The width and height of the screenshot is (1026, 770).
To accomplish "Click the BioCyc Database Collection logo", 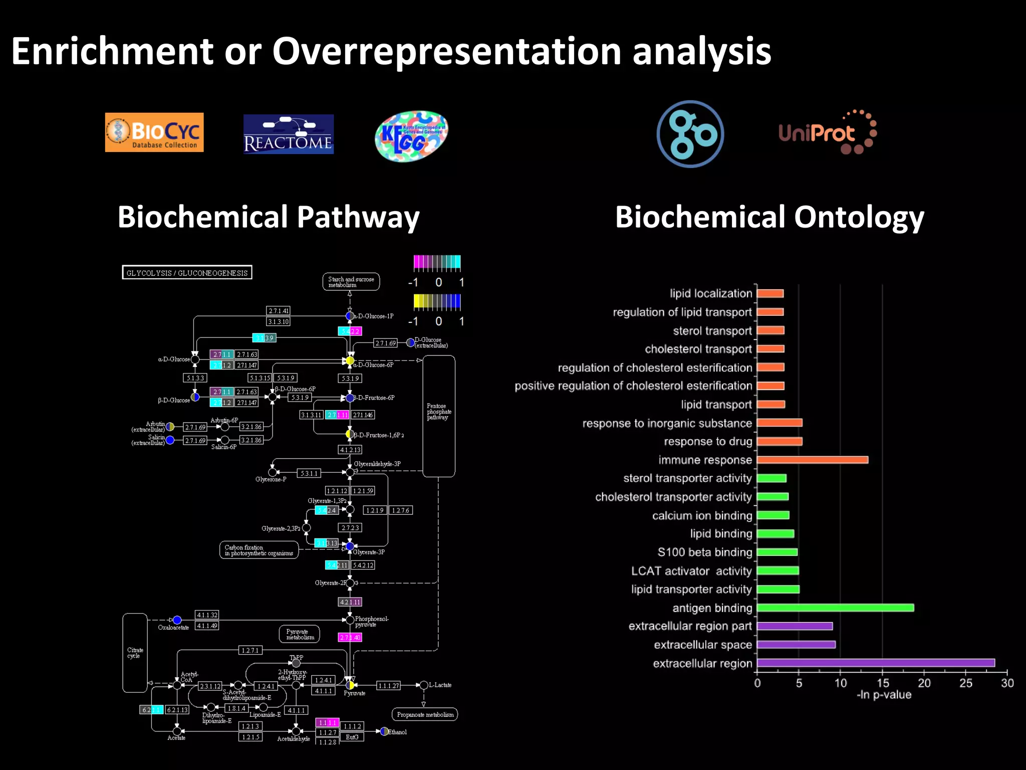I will point(154,132).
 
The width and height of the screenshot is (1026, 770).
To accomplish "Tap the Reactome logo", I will point(288,134).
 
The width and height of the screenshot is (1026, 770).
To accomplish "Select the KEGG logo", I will point(411,136).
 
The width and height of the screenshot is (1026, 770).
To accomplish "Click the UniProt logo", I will point(827,133).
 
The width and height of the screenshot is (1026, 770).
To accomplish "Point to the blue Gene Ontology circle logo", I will point(690,134).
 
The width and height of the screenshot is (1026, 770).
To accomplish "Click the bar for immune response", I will point(812,460).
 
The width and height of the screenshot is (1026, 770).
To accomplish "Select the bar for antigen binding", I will point(835,608).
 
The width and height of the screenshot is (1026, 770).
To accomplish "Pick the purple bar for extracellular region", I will point(876,663).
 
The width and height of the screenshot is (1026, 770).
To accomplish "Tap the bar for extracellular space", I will point(796,645).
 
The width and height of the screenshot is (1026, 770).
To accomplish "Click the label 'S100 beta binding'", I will point(704,552).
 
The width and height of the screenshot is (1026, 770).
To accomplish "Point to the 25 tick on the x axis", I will point(965,683).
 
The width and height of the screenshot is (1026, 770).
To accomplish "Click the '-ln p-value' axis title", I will point(884,695).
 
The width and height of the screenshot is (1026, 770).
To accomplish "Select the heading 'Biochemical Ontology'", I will point(769,217).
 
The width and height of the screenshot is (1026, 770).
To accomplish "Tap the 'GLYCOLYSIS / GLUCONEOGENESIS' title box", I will point(187,273).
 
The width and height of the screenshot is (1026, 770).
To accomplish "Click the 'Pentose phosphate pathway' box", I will point(439,416).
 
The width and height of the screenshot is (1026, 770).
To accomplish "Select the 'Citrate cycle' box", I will point(135,653).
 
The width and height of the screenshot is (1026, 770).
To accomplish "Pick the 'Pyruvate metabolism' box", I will point(300,635).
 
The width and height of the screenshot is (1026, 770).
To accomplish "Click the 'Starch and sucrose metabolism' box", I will point(351,282).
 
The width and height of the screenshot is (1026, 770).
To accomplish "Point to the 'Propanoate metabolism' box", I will point(425,714).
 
